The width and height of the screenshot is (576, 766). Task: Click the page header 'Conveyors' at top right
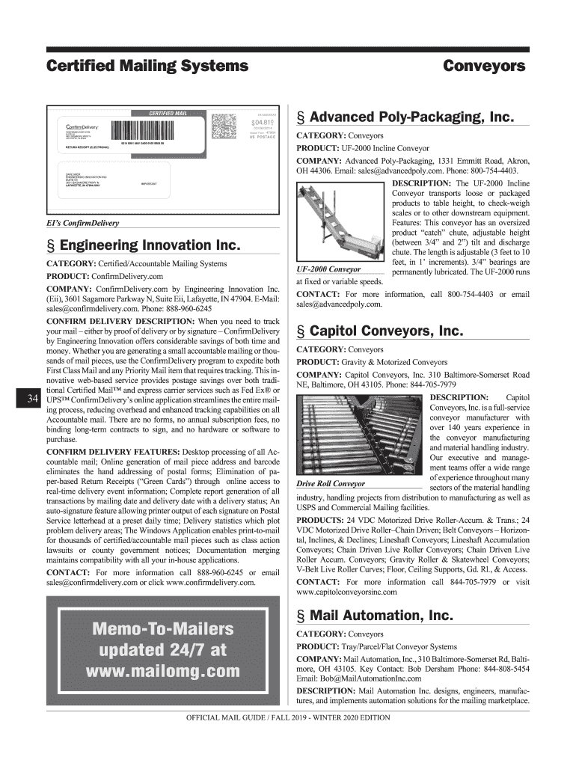[x=483, y=66]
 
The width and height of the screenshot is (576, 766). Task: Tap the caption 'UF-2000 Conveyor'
[x=329, y=269]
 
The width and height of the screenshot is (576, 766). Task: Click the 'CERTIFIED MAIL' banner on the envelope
[x=169, y=113]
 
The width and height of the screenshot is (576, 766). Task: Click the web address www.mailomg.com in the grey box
[x=163, y=670]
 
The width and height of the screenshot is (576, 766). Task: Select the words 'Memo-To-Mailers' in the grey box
[x=163, y=628]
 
